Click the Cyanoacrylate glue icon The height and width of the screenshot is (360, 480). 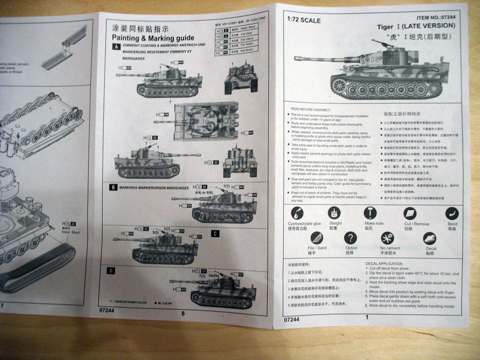[x=297, y=213]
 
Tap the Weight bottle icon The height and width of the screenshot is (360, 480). [x=334, y=213]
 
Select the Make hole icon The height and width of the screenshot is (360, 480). [x=370, y=213]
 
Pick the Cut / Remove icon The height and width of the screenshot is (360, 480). [x=410, y=214]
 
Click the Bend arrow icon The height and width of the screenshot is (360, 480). [x=452, y=214]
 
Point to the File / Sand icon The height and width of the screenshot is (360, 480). [x=317, y=238]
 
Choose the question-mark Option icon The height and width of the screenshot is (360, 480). [x=351, y=238]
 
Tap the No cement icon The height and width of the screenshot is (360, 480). [x=388, y=238]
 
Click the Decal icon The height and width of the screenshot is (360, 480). [x=429, y=238]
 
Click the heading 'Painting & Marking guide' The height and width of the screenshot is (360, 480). [x=146, y=38]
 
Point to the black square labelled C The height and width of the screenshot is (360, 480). [x=215, y=233]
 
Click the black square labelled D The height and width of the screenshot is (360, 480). [x=111, y=270]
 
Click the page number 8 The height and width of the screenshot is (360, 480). [x=183, y=314]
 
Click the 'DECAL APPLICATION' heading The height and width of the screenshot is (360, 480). [x=384, y=264]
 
